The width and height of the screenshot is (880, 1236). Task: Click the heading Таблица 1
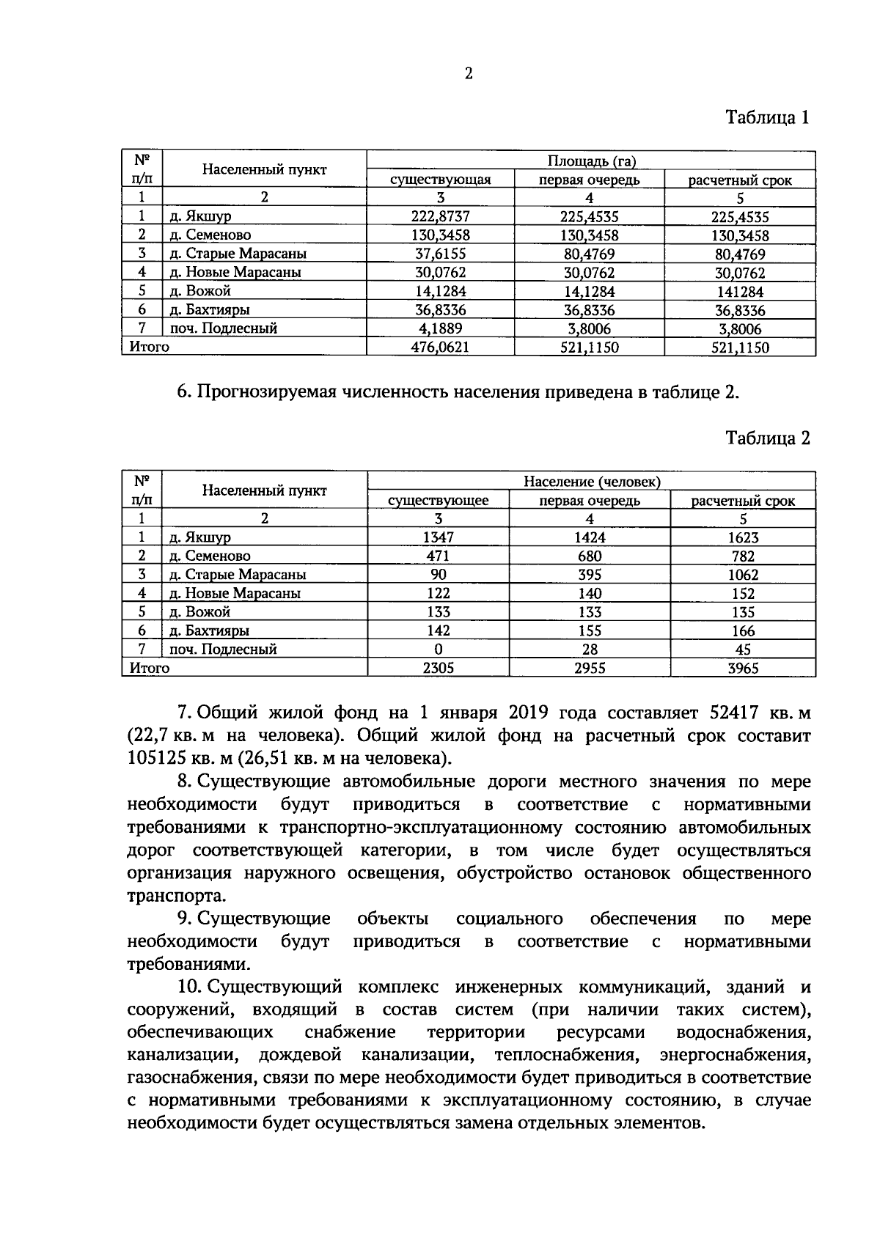click(767, 117)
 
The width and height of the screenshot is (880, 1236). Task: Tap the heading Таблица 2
click(767, 438)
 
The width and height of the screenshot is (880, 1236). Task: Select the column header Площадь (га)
click(591, 161)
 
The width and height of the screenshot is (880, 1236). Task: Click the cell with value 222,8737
click(440, 216)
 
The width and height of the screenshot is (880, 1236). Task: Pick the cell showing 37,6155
click(440, 254)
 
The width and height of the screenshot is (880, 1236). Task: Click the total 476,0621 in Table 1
click(440, 347)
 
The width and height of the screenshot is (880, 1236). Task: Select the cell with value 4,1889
click(440, 328)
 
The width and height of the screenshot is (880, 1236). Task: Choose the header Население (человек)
click(591, 482)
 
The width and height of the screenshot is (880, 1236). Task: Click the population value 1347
click(439, 537)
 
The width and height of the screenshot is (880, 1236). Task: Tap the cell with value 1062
click(743, 575)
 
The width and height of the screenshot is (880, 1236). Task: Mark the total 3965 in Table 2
click(743, 668)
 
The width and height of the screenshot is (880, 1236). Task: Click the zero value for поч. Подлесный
click(439, 649)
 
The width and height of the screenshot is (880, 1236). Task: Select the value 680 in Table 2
click(590, 556)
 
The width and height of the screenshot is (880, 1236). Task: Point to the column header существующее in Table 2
click(439, 501)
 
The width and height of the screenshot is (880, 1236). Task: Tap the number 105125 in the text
click(155, 758)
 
